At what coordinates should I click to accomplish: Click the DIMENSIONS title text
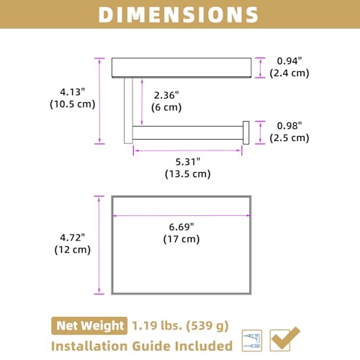tap(179, 15)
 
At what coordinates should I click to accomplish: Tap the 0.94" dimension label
tap(289, 61)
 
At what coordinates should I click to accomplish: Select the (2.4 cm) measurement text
tap(289, 73)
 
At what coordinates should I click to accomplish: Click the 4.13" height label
tap(73, 92)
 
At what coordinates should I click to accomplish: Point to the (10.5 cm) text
tap(73, 104)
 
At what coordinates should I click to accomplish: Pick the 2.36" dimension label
tap(166, 95)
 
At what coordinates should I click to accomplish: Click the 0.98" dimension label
tap(289, 126)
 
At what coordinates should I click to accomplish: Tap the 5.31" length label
tap(188, 162)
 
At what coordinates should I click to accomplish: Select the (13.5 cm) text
tap(188, 174)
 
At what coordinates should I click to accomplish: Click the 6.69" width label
tap(181, 227)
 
